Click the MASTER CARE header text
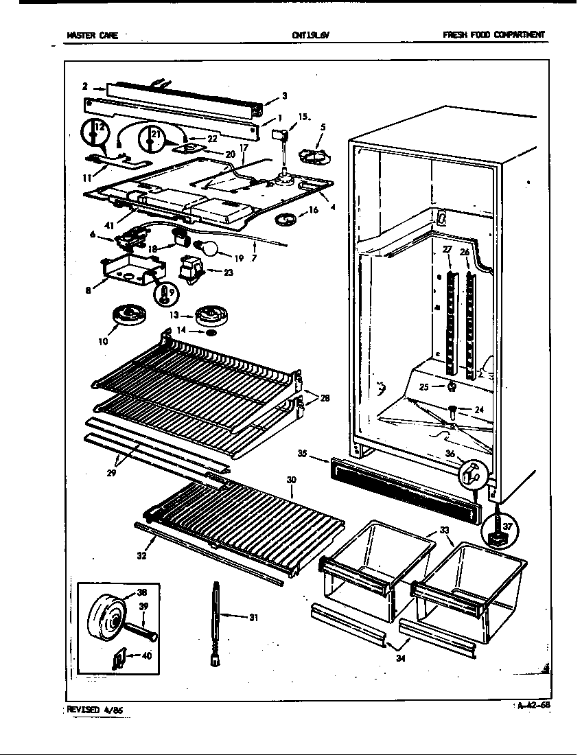(92, 36)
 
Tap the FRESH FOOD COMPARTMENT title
(493, 35)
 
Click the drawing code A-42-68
(533, 705)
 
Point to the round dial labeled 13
(210, 317)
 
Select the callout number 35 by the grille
(321, 454)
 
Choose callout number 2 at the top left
(84, 86)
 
